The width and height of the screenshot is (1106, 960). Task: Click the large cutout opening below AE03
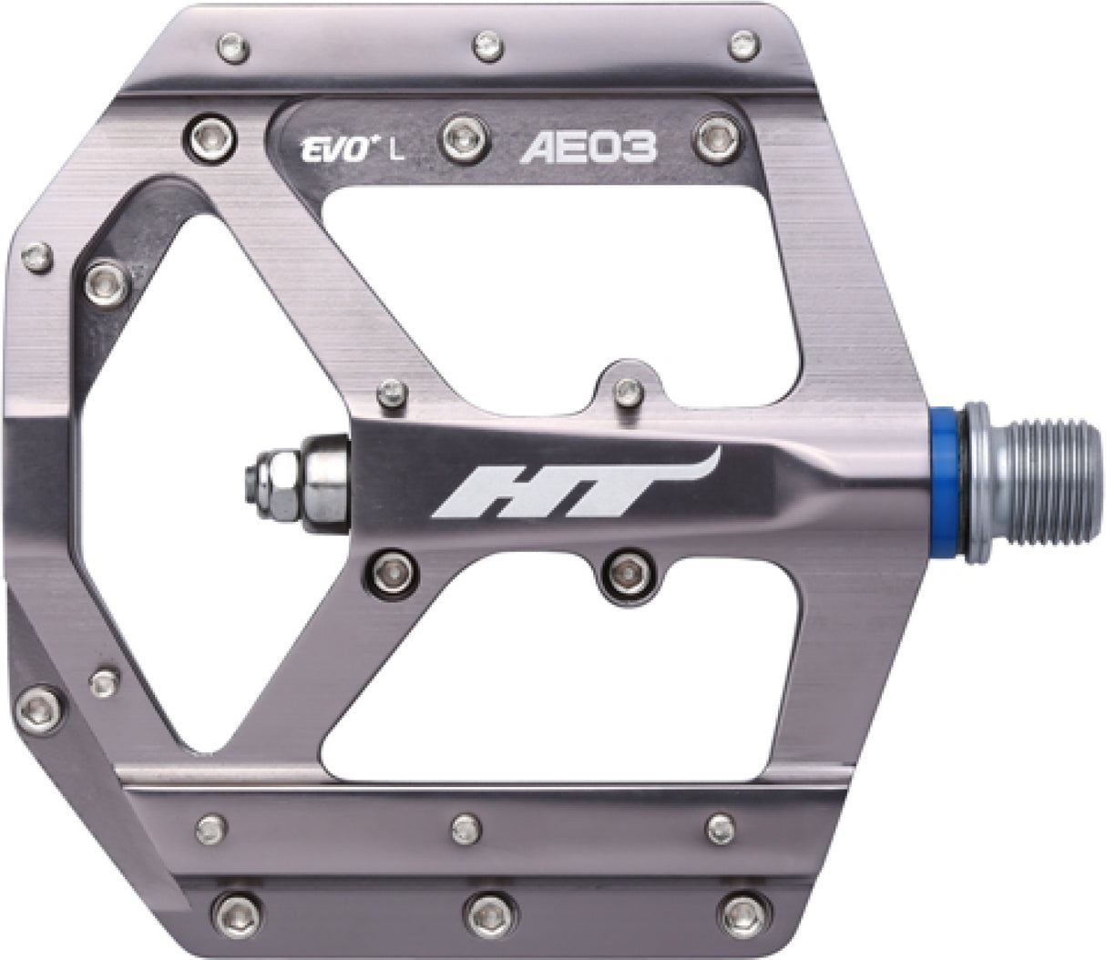pyautogui.click(x=565, y=273)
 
